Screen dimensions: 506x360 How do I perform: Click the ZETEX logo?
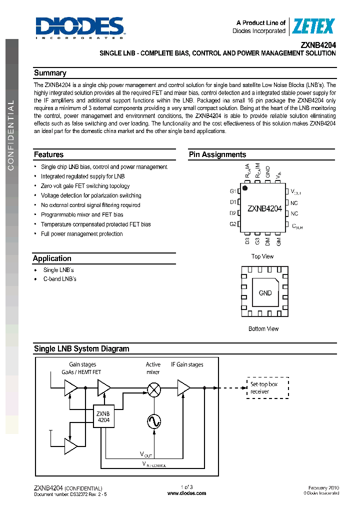click(x=313, y=26)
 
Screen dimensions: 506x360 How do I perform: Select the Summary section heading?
click(x=50, y=73)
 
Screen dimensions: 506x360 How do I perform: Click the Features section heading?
click(x=48, y=154)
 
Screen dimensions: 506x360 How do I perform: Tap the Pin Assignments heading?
click(x=217, y=154)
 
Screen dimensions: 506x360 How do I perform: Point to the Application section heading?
click(x=52, y=258)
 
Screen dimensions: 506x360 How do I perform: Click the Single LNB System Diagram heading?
click(x=81, y=349)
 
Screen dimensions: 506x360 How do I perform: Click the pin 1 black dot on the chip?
click(x=245, y=188)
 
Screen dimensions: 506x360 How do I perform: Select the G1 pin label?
click(x=233, y=191)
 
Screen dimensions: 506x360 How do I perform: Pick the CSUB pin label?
click(x=297, y=225)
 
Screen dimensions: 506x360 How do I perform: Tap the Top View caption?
click(x=262, y=256)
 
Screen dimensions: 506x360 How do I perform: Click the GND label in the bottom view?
click(x=265, y=293)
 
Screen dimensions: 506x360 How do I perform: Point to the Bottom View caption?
click(x=263, y=329)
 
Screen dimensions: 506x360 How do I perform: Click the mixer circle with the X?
click(x=154, y=388)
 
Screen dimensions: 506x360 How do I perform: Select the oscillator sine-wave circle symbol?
click(x=154, y=421)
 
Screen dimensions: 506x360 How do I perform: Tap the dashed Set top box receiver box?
click(x=267, y=388)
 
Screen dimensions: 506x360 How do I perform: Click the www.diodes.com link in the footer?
click(x=186, y=493)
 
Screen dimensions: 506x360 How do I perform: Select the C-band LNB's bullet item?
click(x=59, y=279)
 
